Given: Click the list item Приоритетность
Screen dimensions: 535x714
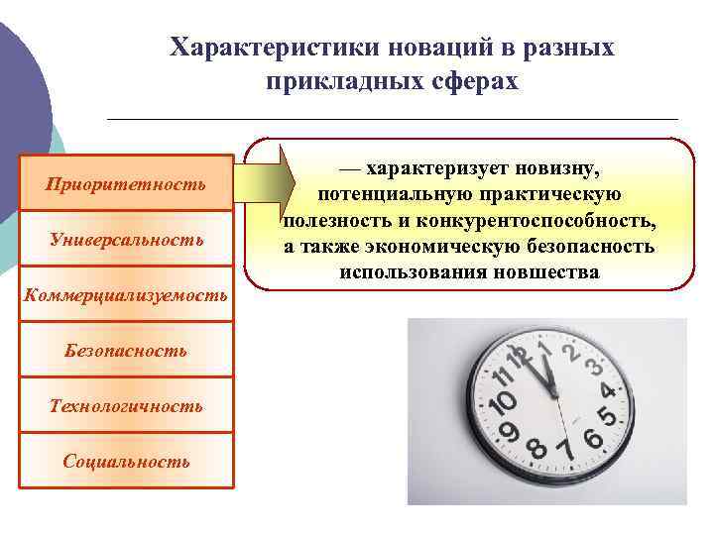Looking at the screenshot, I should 126,183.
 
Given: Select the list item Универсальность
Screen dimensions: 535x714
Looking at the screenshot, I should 126,240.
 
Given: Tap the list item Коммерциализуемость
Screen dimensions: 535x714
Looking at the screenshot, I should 126,295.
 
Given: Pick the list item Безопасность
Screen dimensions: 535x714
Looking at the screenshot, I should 126,351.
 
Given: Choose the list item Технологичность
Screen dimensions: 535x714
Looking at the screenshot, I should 126,406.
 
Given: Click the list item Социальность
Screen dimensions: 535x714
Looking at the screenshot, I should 126,462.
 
